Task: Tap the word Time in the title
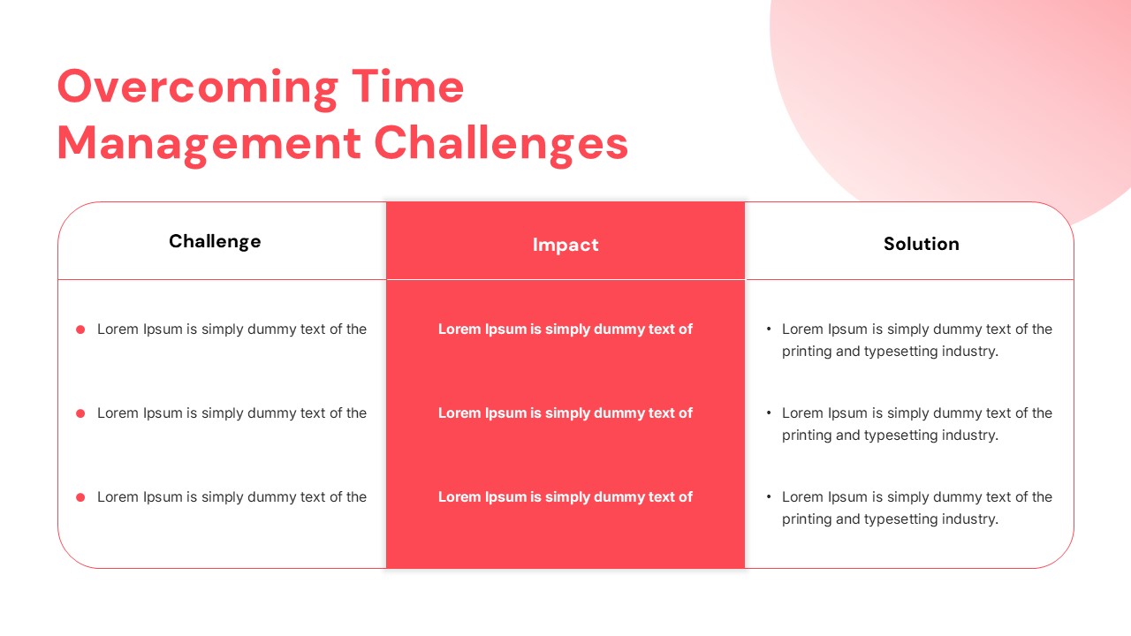point(407,87)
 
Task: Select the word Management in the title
point(209,146)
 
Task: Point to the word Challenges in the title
point(501,144)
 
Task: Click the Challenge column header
point(215,242)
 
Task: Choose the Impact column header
point(565,245)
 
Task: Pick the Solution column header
point(922,244)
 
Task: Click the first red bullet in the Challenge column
point(80,329)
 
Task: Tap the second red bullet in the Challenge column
point(80,413)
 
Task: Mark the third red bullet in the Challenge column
point(80,497)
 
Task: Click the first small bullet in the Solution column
point(769,329)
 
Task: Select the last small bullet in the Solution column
point(769,496)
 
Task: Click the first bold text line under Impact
point(565,329)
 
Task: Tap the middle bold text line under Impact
point(565,413)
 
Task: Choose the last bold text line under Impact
point(565,496)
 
